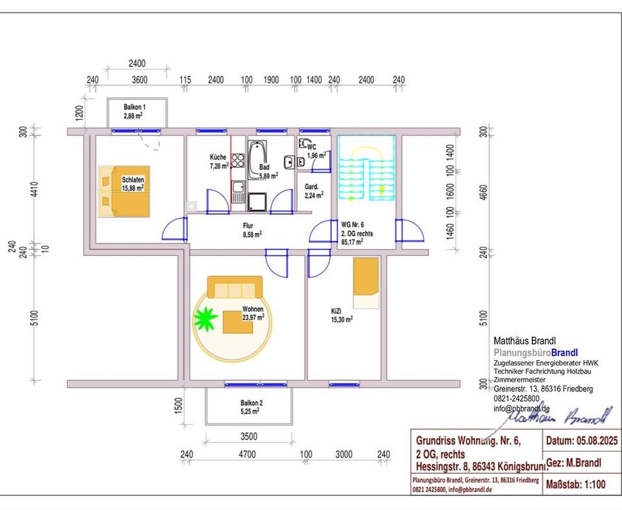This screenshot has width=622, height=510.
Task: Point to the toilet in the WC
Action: pyautogui.click(x=303, y=145)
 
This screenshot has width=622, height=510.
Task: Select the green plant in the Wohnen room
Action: pyautogui.click(x=206, y=318)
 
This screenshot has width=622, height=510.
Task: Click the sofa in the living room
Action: pyautogui.click(x=235, y=286)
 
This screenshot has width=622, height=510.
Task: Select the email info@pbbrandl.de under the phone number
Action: pyautogui.click(x=522, y=408)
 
